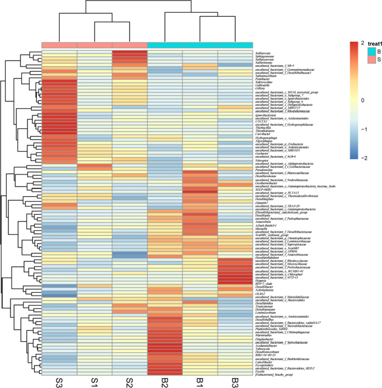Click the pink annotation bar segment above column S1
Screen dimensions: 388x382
[94, 45]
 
